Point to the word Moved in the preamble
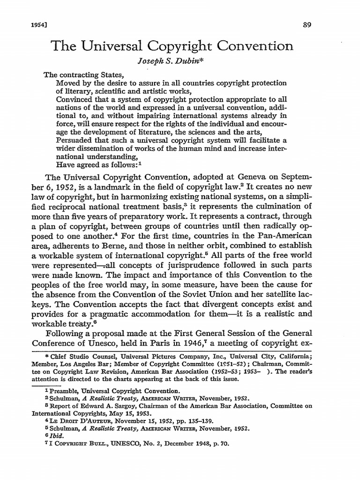coord(67,83)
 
